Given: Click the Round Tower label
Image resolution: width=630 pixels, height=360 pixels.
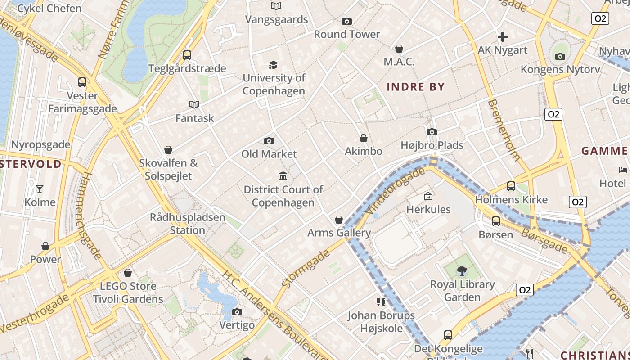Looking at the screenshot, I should click(346, 34).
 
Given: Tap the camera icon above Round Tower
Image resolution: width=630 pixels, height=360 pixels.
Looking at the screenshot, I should click(346, 21).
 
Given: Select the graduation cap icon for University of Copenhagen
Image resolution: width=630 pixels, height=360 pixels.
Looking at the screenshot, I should click(273, 65).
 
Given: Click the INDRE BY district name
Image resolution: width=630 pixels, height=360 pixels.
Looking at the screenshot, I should click(415, 87).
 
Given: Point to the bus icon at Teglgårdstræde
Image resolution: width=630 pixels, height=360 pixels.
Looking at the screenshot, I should click(187, 55).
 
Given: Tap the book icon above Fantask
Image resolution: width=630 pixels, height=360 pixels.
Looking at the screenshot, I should click(194, 105).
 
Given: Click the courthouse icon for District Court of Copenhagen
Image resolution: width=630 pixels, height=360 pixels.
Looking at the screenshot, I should click(283, 176).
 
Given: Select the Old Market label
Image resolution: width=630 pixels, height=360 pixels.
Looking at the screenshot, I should click(269, 154).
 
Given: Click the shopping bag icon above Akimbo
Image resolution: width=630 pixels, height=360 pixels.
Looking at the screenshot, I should click(364, 138).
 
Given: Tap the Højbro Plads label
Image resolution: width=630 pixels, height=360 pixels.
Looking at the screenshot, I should click(432, 145).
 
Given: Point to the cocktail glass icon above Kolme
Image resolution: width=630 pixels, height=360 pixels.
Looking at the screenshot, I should click(40, 189).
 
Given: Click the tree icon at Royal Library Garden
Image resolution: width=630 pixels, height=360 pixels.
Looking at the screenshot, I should click(462, 271).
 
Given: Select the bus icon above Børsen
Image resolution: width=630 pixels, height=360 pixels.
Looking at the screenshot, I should click(495, 221).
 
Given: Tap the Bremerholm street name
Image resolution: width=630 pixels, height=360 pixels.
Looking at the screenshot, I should click(504, 130).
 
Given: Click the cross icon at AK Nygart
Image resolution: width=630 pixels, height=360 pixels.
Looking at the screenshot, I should click(503, 37).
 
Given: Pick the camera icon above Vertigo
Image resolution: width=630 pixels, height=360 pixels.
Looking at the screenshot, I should click(237, 312).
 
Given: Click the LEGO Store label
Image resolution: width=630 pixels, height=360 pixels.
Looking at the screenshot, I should click(128, 286).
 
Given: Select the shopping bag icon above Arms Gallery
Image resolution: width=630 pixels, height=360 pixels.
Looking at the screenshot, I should click(339, 220).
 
